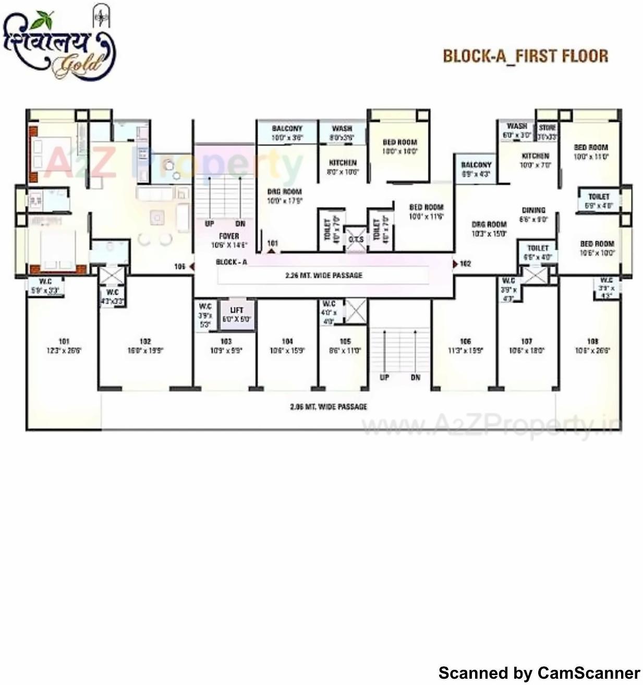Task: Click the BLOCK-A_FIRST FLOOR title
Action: pyautogui.click(x=525, y=56)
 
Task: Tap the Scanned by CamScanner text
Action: pyautogui.click(x=539, y=673)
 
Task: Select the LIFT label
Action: pyautogui.click(x=237, y=310)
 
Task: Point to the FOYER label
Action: pyautogui.click(x=229, y=236)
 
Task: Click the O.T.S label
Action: pyautogui.click(x=356, y=239)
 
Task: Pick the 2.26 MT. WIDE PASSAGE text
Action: pyautogui.click(x=323, y=275)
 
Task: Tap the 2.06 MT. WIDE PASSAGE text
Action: pyautogui.click(x=329, y=406)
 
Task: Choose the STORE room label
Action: pyautogui.click(x=547, y=127)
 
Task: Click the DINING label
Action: pyautogui.click(x=533, y=210)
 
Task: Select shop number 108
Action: pyautogui.click(x=592, y=341)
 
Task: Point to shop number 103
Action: pyautogui.click(x=226, y=341)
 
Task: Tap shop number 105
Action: pyautogui.click(x=345, y=341)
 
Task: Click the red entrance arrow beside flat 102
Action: pyautogui.click(x=455, y=264)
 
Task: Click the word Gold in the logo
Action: pyautogui.click(x=78, y=64)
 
